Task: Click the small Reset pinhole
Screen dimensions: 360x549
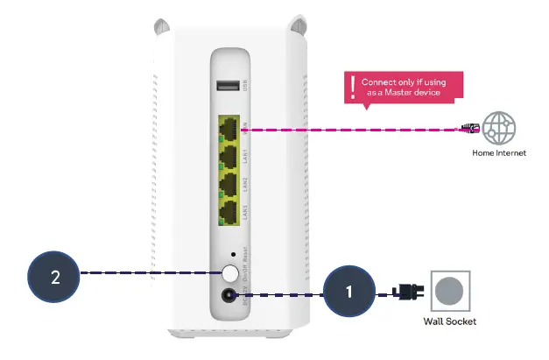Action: [231, 255]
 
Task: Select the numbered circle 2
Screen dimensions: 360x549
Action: [55, 277]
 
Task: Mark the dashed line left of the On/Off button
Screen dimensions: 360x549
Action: [149, 273]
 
